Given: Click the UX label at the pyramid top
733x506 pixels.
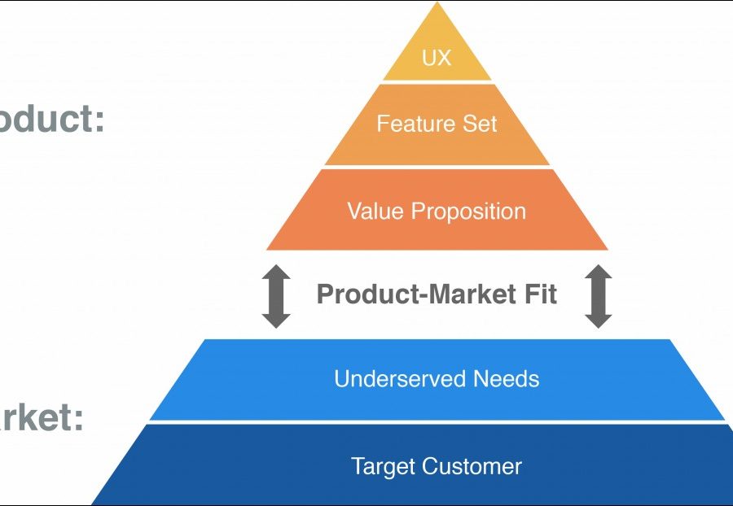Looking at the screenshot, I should tap(437, 58).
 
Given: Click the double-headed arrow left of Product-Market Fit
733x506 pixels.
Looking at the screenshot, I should tap(276, 297).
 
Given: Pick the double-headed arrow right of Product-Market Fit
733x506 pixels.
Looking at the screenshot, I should tap(599, 297).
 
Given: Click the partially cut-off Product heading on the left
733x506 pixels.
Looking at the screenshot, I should tap(45, 120).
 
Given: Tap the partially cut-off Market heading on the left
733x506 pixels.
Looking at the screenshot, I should tap(37, 420).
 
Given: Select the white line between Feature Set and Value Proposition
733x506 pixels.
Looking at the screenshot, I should tap(437, 167).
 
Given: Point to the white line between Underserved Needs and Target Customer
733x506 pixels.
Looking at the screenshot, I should tap(437, 422).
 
